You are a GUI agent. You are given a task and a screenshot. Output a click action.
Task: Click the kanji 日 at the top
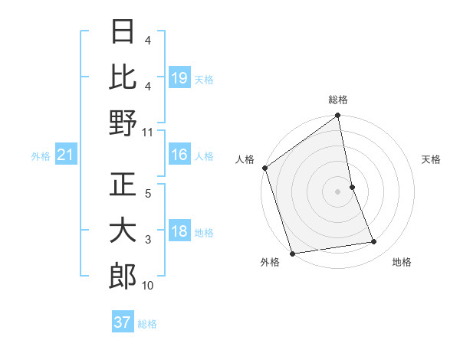[x=123, y=32]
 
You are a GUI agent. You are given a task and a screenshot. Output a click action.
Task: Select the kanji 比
[x=123, y=77]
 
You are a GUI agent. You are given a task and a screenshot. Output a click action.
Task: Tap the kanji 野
[x=123, y=123]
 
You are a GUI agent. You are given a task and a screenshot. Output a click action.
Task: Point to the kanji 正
[x=123, y=186]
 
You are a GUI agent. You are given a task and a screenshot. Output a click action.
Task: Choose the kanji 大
[x=123, y=232]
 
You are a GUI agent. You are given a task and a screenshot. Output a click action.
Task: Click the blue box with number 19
[x=179, y=78]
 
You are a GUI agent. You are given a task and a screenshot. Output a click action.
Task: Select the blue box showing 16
[x=179, y=155]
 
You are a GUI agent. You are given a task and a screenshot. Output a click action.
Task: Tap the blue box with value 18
[x=179, y=232]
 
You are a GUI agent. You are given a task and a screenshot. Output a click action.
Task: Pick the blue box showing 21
[x=66, y=155]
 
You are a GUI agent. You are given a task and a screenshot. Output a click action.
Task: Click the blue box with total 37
[x=123, y=322]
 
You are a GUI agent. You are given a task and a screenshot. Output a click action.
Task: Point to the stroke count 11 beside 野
[x=148, y=132]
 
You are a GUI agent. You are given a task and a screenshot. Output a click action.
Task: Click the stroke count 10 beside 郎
[x=148, y=286]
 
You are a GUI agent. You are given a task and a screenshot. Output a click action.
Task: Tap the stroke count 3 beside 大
[x=148, y=240]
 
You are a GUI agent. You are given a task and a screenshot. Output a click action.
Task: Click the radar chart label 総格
[x=337, y=100]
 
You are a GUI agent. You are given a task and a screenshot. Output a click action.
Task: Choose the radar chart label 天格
[x=432, y=159]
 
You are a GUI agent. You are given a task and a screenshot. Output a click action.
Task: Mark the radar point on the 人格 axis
[x=265, y=168]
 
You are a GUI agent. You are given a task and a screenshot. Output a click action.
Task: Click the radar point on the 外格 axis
[x=292, y=253]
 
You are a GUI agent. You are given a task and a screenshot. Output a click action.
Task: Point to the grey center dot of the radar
[x=337, y=191]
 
